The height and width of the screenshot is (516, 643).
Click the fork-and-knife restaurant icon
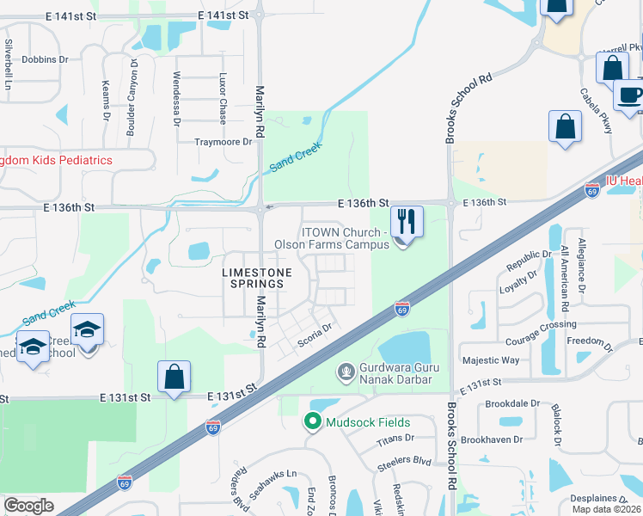406,222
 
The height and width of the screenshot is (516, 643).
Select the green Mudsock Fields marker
312,422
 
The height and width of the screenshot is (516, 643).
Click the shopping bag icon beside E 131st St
174,377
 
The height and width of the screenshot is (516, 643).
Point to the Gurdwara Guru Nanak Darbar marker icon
346,372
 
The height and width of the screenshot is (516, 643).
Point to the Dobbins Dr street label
45,59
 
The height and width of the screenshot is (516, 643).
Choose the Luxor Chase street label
222,100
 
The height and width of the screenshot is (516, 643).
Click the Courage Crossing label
541,324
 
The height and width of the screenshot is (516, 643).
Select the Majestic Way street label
491,360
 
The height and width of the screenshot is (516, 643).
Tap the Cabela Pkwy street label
596,110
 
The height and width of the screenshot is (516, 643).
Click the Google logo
29,506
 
